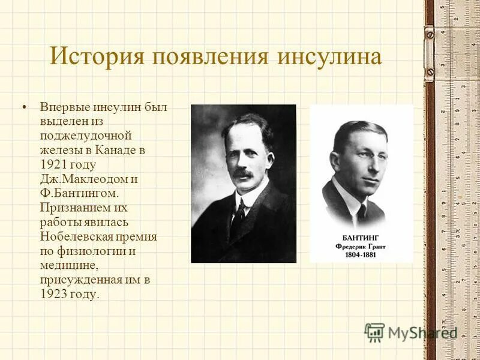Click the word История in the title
click(x=95, y=57)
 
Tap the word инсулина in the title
click(x=329, y=57)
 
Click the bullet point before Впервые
click(x=24, y=107)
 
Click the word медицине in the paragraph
click(x=68, y=265)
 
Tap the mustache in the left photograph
click(x=243, y=174)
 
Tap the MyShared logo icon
click(x=374, y=332)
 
